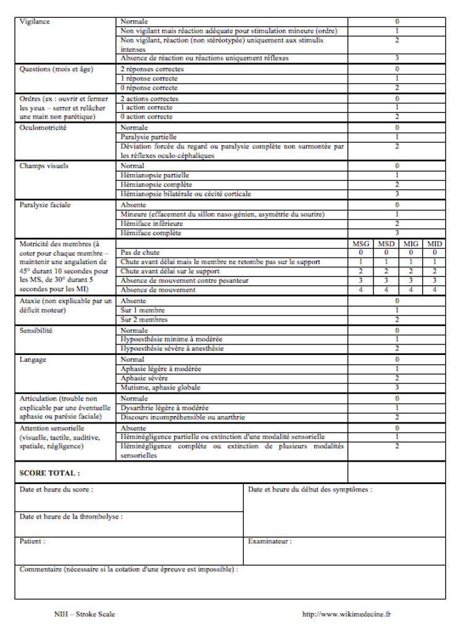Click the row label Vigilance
[35, 22]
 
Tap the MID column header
[434, 244]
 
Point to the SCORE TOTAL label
[49, 473]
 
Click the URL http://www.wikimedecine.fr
[346, 614]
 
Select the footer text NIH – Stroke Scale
[84, 614]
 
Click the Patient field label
[32, 541]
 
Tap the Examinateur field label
[270, 541]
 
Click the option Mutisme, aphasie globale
[161, 388]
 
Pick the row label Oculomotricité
[43, 127]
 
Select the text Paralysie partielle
[149, 136]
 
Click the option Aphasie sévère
[144, 378]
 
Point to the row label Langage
[33, 359]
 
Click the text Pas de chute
[141, 252]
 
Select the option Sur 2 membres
[144, 320]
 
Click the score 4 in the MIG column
[411, 290]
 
